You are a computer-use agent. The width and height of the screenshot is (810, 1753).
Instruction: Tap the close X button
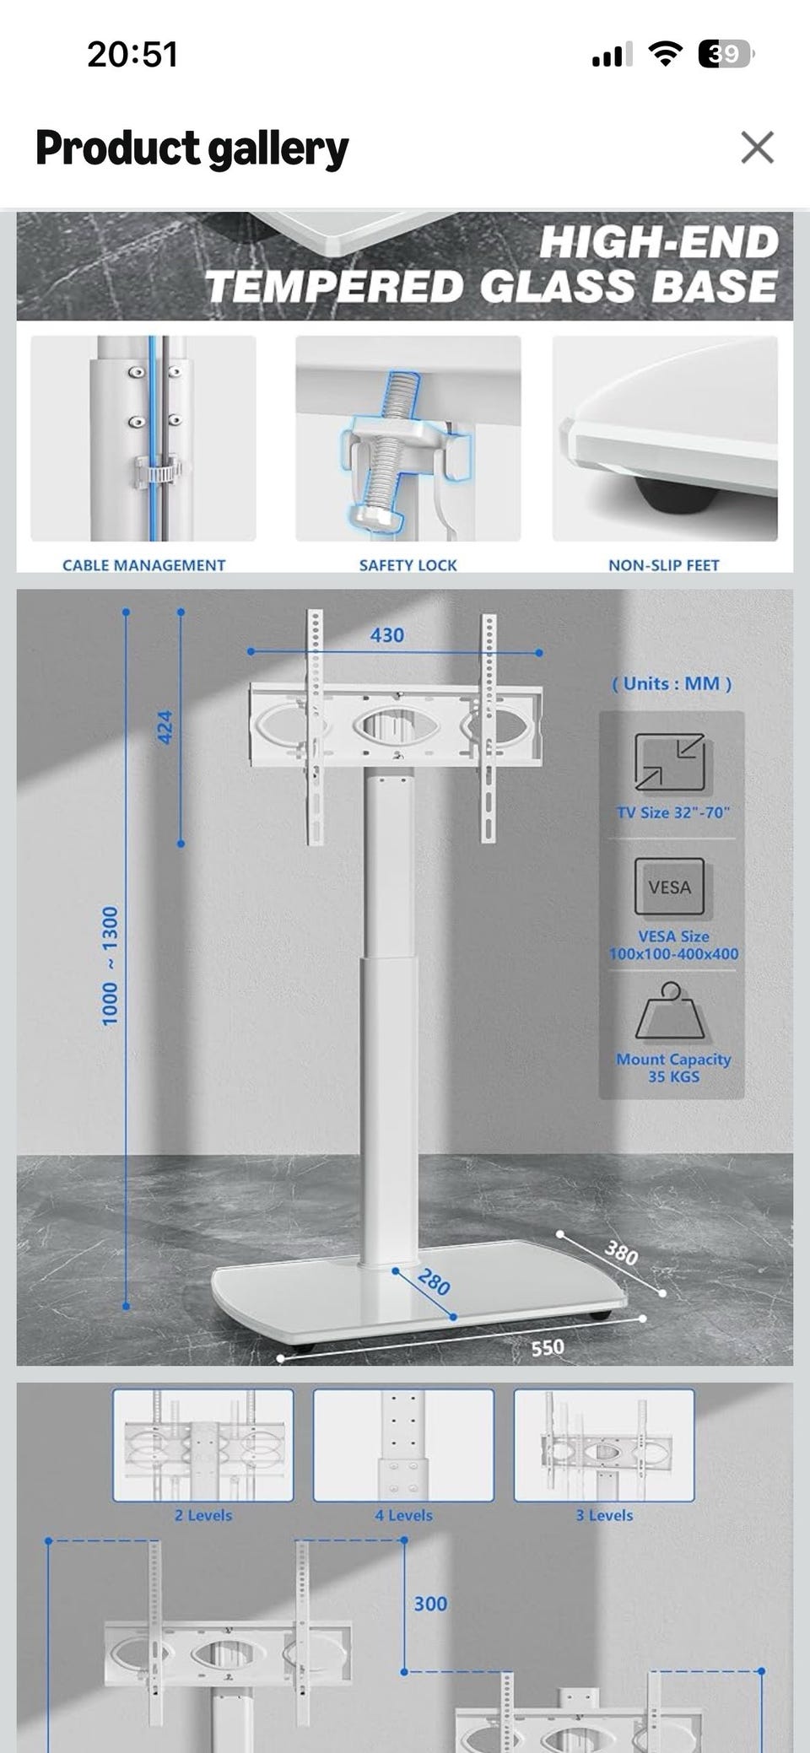click(757, 148)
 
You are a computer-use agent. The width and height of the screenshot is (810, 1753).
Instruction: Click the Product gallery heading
click(192, 148)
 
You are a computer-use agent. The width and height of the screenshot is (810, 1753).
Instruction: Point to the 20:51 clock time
click(132, 55)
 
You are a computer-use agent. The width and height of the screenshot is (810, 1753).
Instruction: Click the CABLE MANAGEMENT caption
click(143, 565)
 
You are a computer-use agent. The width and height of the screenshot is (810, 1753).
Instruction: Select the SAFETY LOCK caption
click(408, 565)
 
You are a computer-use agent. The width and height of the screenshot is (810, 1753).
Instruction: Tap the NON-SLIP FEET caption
click(664, 565)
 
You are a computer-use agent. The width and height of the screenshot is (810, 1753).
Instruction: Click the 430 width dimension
click(387, 635)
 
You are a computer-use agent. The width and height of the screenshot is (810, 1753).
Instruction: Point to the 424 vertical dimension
click(166, 727)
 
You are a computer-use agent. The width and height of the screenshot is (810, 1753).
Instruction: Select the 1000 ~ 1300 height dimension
click(111, 967)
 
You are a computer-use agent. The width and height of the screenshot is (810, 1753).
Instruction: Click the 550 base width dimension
click(548, 1347)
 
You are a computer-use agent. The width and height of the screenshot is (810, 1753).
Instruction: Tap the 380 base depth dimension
click(622, 1254)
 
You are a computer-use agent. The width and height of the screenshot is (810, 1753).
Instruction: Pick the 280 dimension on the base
click(434, 1282)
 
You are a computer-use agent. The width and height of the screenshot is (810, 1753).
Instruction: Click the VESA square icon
click(670, 887)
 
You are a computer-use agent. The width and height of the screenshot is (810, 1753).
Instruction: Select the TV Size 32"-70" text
click(673, 812)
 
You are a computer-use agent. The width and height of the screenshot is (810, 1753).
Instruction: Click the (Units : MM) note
click(672, 683)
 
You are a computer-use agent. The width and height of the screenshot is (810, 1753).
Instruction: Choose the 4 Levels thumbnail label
click(403, 1515)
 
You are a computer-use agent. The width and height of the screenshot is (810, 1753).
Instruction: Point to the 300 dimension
click(430, 1604)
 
